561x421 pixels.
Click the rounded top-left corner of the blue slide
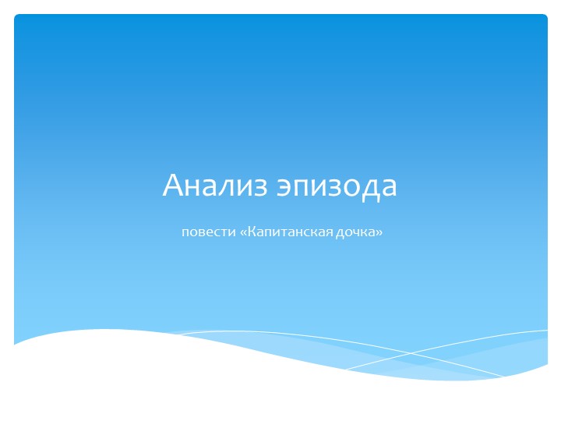tap(16, 17)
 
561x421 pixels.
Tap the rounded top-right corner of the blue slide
tap(545, 17)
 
